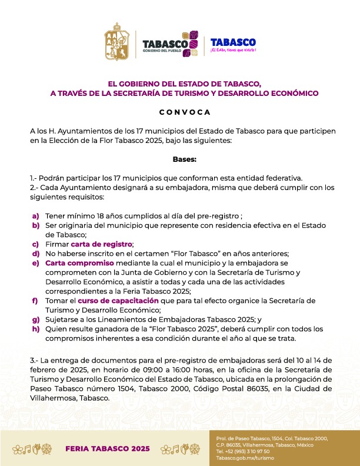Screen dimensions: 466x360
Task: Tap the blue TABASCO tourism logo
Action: coord(233,45)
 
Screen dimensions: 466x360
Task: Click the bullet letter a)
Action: coord(36,216)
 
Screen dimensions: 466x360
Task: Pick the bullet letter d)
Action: coord(36,254)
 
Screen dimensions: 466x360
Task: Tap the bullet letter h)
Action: coord(36,329)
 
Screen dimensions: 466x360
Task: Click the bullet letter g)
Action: coord(36,319)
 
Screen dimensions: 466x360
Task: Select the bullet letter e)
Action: coord(36,263)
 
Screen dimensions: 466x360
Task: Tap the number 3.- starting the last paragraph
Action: coord(35,360)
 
